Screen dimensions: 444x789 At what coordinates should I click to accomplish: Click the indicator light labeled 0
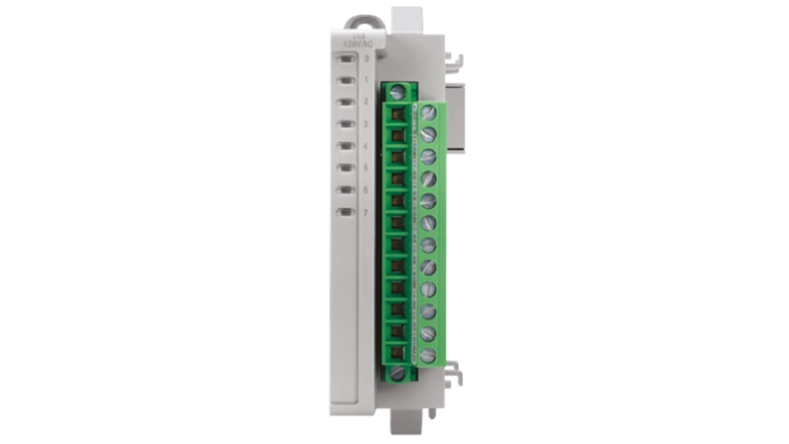(x=346, y=58)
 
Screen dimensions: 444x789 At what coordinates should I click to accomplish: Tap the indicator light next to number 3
(x=346, y=124)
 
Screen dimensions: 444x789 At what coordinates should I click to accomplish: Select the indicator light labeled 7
(x=346, y=212)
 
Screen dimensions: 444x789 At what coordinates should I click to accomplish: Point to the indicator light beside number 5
(x=346, y=167)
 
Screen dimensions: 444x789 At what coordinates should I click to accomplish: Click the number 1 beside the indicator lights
(x=366, y=80)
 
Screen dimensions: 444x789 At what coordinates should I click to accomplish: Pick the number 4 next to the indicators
(x=366, y=146)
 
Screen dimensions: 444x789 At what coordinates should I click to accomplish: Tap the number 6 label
(x=366, y=190)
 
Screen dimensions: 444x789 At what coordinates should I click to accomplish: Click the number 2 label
(x=366, y=102)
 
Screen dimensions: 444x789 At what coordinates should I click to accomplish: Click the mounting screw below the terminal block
(x=397, y=373)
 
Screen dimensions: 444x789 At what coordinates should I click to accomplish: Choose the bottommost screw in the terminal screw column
(x=428, y=355)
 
